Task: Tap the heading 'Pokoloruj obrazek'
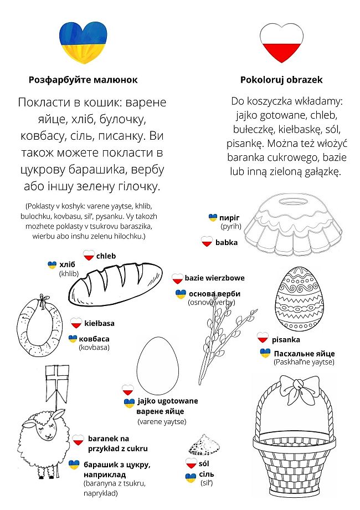point(281,80)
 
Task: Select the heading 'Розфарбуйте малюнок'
point(83,80)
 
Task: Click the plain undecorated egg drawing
point(158,365)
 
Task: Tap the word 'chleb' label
point(106,256)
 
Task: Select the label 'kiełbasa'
point(100,323)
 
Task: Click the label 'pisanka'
point(286,339)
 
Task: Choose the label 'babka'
point(226,242)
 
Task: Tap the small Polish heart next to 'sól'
point(191,463)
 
